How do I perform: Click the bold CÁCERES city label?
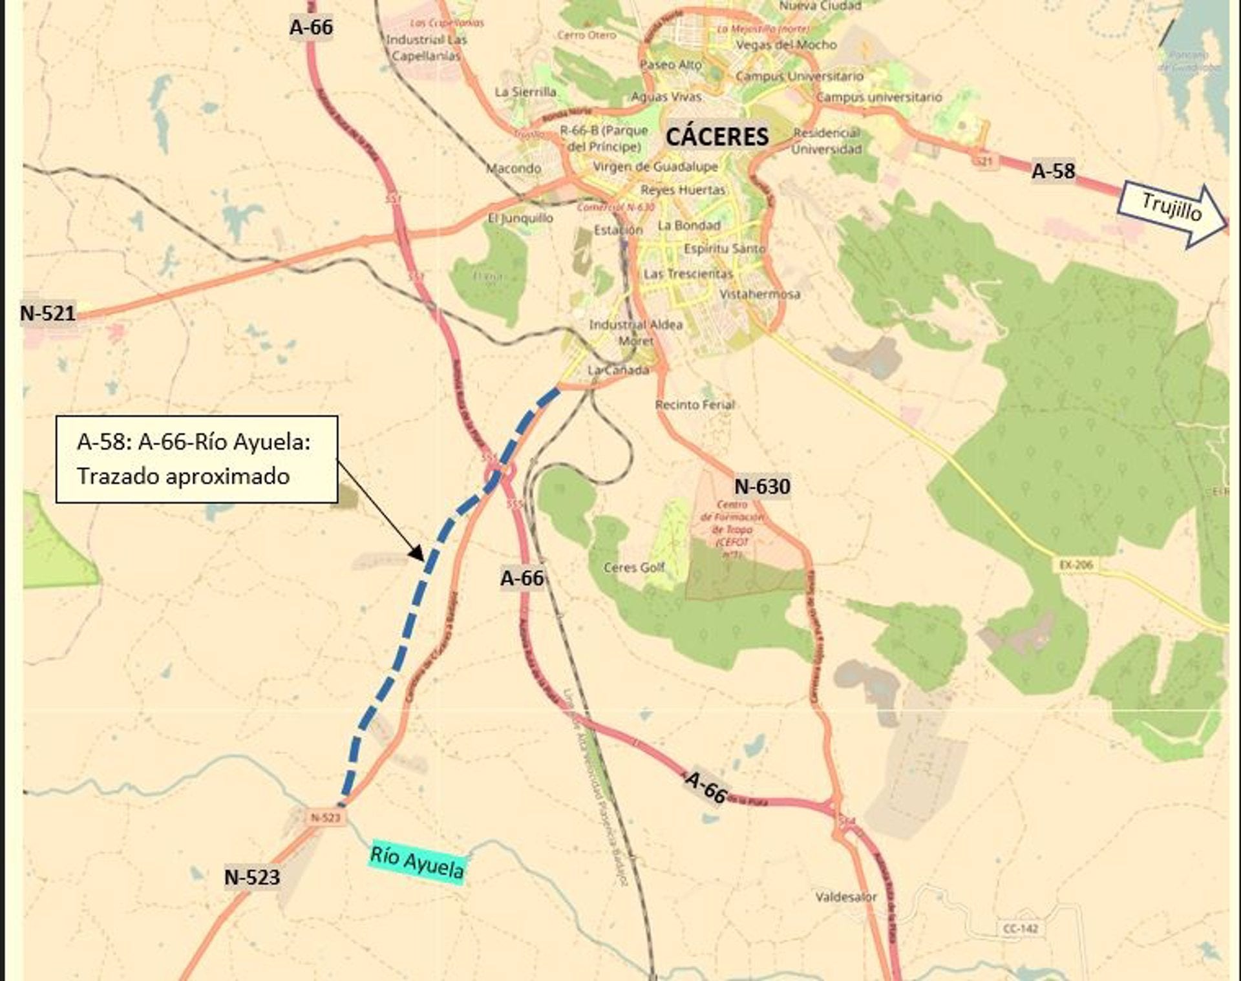coord(717,136)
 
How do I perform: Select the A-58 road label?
coord(1053,171)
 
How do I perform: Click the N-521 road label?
coord(48,313)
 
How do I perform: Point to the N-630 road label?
coord(762,486)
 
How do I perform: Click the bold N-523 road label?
coord(252,877)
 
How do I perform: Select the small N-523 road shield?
coord(325,817)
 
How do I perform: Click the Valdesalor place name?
coord(846,897)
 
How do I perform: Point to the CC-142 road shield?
coord(1021,929)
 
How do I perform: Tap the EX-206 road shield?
coord(1076,565)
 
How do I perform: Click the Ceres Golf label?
coord(634,567)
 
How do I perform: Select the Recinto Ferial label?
coord(695,405)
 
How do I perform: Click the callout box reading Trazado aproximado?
coord(196,459)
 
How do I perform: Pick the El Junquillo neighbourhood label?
coord(520,218)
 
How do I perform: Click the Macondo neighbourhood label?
coord(513,169)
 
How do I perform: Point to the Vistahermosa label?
coord(760,294)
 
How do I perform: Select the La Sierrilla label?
coord(525,92)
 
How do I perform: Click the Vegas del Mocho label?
coord(786,45)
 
